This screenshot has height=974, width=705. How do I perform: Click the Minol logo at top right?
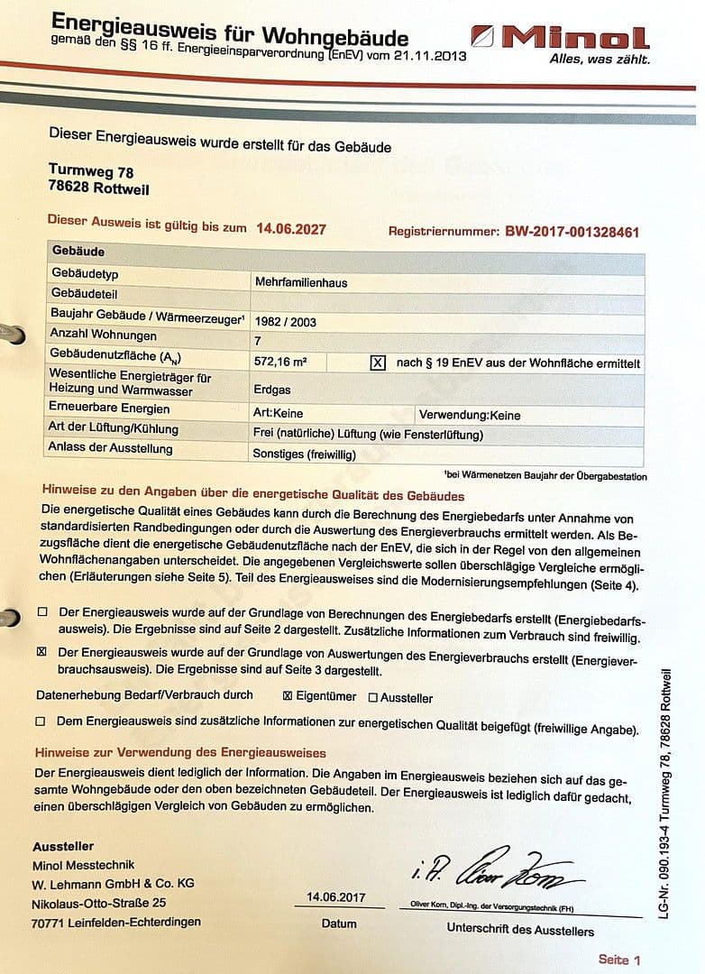573,38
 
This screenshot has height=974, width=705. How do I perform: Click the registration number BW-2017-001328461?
572,232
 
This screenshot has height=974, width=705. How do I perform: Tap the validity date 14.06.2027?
291,229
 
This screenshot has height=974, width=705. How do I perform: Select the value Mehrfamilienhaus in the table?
301,282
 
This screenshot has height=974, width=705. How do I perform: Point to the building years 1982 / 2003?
286,322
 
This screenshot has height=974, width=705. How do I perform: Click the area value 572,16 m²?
281,361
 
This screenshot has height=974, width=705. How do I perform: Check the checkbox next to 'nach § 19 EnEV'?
378,363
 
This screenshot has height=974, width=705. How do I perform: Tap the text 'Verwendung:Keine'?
469,416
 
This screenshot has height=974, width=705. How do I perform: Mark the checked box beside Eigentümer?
288,696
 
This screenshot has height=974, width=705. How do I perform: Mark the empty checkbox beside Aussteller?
372,697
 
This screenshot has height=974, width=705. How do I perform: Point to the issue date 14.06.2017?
335,897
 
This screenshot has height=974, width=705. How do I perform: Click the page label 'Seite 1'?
618,960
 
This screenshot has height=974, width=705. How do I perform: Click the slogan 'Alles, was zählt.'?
599,60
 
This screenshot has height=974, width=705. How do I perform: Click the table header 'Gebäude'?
78,251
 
